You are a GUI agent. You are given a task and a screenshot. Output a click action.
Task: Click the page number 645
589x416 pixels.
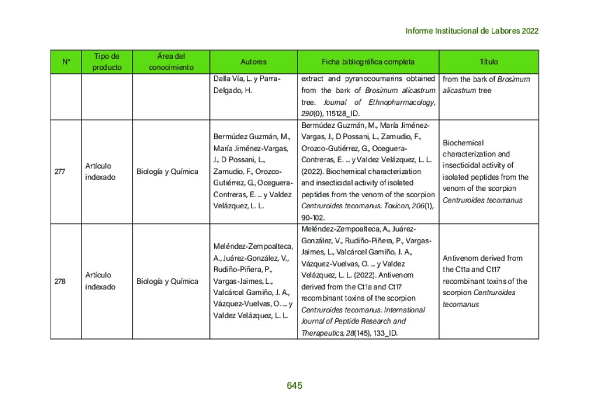pos(294,386)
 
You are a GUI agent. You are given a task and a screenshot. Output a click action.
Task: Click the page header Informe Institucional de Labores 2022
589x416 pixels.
pos(471,31)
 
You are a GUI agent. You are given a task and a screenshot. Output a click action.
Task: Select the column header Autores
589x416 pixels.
pos(253,62)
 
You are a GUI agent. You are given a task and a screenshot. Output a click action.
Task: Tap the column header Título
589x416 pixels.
pos(488,62)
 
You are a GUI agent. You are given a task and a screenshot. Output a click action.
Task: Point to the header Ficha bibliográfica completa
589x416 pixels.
pos(368,62)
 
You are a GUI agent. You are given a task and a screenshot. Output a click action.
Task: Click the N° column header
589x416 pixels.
pos(66,62)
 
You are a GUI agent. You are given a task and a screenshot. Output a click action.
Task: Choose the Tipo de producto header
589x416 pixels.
pos(107,62)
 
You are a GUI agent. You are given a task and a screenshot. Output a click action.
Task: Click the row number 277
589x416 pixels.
pos(60,172)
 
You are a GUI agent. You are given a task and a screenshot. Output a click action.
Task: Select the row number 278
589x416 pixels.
pos(60,281)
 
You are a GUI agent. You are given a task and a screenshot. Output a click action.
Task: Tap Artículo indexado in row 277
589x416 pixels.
pos(100,172)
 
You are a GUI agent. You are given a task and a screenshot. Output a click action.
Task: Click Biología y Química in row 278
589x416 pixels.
pos(167,281)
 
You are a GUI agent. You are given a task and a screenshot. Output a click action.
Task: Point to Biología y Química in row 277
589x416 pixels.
pos(167,172)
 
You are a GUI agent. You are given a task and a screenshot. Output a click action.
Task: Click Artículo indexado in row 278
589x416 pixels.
pos(100,281)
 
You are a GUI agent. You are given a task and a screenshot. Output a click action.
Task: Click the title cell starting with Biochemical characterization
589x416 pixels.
pos(485,172)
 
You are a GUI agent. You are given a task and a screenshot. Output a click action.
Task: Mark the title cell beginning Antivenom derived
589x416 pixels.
pos(485,281)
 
